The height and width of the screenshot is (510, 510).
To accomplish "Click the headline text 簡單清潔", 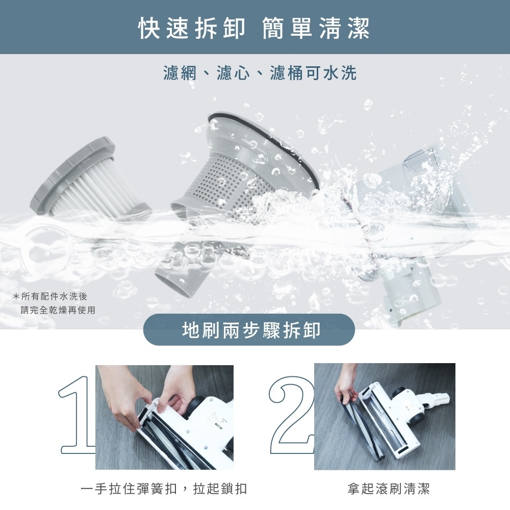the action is tap(316, 28).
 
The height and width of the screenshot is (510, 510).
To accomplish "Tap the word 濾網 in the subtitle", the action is tap(180, 72).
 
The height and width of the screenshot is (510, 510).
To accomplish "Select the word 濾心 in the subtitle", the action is tap(233, 72).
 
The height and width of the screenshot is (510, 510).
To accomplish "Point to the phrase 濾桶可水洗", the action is tap(313, 72).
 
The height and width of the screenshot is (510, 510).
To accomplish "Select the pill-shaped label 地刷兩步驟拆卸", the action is tap(249, 329).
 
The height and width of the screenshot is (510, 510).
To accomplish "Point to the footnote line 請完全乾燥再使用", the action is tap(58, 310).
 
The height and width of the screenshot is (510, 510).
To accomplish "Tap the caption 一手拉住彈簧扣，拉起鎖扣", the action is tap(164, 489).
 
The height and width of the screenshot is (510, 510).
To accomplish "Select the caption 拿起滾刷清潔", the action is tap(388, 489).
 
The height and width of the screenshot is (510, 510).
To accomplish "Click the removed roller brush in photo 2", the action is tap(362, 425).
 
